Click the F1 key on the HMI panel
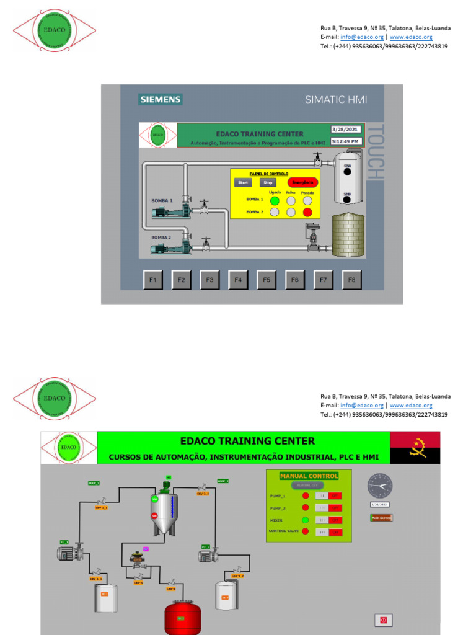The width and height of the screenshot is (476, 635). pyautogui.click(x=152, y=280)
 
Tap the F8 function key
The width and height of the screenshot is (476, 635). pyautogui.click(x=351, y=280)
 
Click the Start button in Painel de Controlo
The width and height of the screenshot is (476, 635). pyautogui.click(x=243, y=182)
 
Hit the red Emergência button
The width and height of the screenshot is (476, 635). pyautogui.click(x=302, y=182)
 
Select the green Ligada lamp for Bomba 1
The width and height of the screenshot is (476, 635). pyautogui.click(x=275, y=200)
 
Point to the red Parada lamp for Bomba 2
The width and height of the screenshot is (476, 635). pyautogui.click(x=307, y=212)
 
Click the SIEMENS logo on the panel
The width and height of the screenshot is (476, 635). pyautogui.click(x=161, y=99)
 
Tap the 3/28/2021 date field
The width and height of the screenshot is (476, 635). pyautogui.click(x=345, y=129)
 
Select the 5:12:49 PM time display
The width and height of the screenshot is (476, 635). pyautogui.click(x=345, y=141)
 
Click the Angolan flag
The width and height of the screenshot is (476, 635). pyautogui.click(x=415, y=447)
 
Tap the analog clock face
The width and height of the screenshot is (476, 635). pyautogui.click(x=379, y=486)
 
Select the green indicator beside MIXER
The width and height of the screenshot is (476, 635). pyautogui.click(x=305, y=520)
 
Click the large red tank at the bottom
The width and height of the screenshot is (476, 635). pyautogui.click(x=182, y=618)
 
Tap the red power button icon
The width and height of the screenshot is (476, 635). pyautogui.click(x=383, y=619)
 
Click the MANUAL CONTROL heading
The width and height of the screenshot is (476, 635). pyautogui.click(x=309, y=476)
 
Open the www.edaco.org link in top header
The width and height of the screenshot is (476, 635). pyautogui.click(x=411, y=37)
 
